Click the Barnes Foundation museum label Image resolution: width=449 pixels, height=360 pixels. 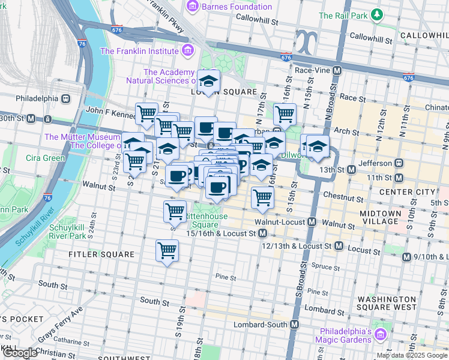click(x=237, y=7)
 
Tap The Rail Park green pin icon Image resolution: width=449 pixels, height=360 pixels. click(x=376, y=14)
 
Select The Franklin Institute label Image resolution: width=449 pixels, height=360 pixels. click(x=140, y=51)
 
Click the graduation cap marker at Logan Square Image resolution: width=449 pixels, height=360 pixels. click(x=209, y=81)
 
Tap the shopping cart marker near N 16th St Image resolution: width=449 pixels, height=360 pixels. click(x=285, y=112)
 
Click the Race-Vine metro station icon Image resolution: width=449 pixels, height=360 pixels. click(x=337, y=70)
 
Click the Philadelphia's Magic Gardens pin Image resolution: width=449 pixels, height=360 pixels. click(x=380, y=334)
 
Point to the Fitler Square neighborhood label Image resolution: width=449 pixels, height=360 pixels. click(x=93, y=254)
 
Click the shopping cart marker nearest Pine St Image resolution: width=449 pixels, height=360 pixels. click(x=167, y=250)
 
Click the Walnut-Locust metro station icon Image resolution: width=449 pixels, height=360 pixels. click(x=312, y=222)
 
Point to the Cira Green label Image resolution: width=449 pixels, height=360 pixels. click(x=46, y=158)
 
